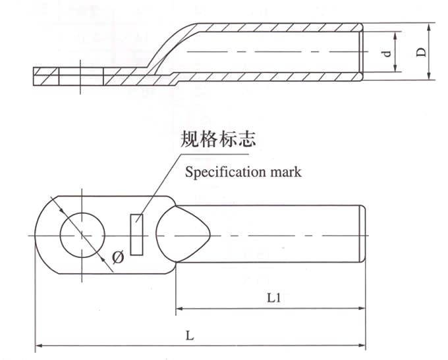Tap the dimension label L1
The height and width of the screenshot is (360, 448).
tap(275, 297)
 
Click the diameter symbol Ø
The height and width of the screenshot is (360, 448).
tap(118, 257)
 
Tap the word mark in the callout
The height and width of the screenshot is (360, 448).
tap(283, 172)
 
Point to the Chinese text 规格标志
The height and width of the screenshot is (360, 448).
tap(217, 140)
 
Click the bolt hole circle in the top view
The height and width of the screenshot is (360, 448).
tap(82, 234)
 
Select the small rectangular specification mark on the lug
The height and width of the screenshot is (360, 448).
tap(136, 234)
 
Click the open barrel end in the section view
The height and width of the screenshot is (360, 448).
tap(362, 51)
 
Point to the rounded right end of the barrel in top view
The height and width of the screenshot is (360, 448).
tap(364, 234)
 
